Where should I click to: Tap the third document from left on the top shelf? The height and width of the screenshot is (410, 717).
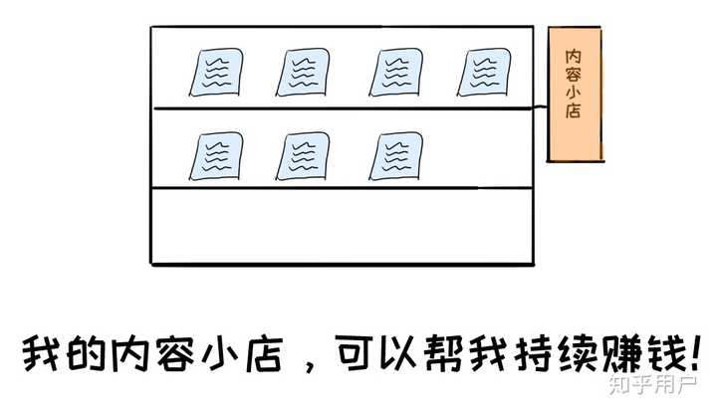pos(395,72)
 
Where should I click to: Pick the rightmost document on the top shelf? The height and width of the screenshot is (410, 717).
pos(484,72)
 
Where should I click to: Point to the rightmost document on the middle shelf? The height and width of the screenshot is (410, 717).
pos(395,156)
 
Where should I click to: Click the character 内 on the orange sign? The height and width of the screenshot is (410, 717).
pos(574,54)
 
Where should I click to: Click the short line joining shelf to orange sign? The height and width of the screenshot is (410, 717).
pos(541,106)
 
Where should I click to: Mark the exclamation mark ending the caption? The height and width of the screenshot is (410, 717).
pos(694,350)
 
